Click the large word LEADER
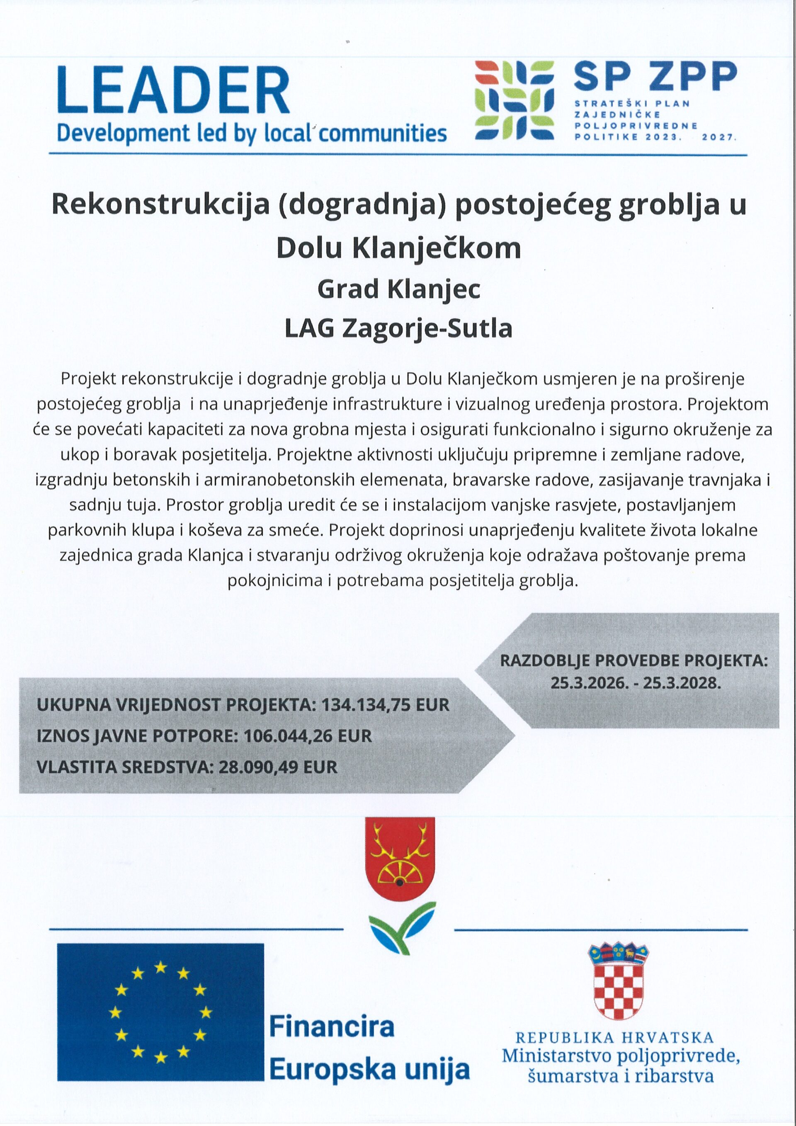click(174, 91)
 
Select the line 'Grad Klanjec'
click(398, 289)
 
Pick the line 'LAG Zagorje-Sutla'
click(398, 329)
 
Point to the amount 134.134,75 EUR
click(385, 705)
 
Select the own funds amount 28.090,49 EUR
click(278, 767)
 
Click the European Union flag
click(160, 1012)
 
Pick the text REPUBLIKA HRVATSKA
click(614, 1038)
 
